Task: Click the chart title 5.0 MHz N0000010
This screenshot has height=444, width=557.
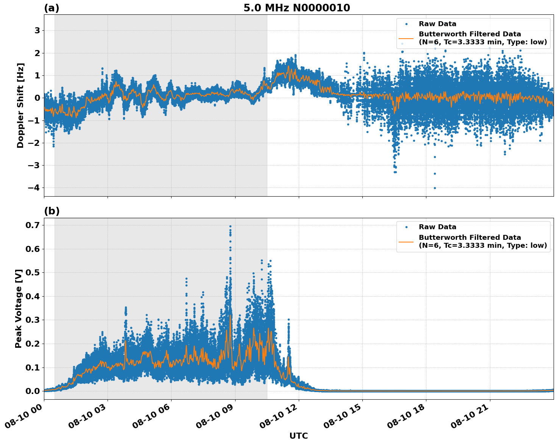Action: [296, 8]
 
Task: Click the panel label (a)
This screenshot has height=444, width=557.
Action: [51, 8]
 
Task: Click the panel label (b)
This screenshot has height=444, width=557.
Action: [51, 211]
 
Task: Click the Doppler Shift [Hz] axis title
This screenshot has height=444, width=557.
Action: [20, 105]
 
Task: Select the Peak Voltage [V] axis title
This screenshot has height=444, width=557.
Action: [19, 308]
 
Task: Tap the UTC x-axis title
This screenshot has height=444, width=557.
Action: [298, 436]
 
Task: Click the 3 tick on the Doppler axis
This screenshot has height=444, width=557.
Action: [37, 30]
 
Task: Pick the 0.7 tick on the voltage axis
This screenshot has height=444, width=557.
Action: [32, 225]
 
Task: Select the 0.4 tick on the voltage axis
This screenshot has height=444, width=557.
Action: [32, 296]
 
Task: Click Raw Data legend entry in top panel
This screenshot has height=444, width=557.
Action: [437, 24]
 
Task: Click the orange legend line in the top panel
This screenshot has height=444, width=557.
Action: [406, 38]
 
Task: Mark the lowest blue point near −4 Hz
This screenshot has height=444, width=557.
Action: [435, 188]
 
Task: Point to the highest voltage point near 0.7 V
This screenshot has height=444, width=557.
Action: [230, 227]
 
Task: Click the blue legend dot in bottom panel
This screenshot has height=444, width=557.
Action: [406, 227]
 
